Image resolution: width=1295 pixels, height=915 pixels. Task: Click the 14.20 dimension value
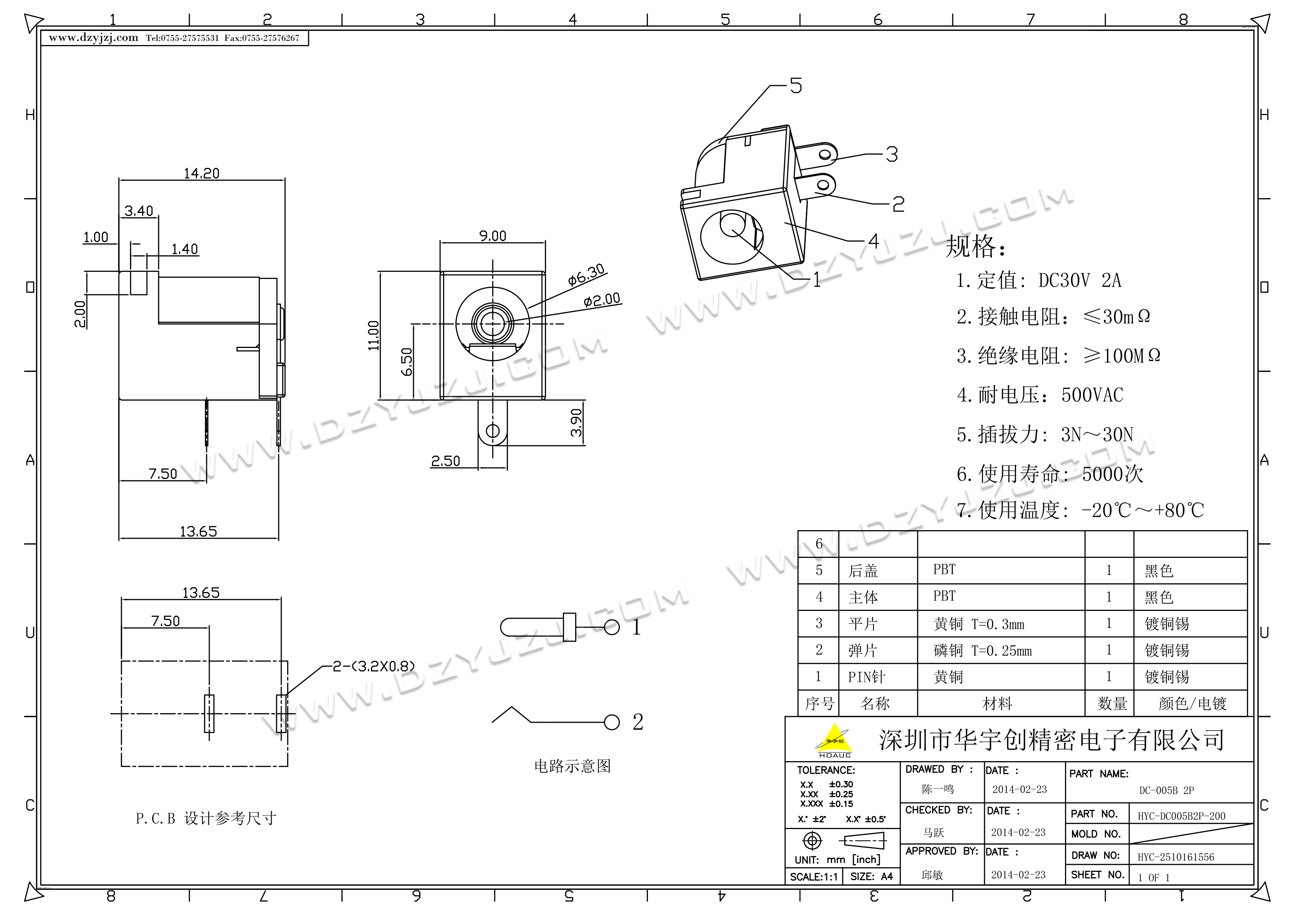(x=201, y=173)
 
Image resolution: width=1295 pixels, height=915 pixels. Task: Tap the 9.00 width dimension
(x=492, y=236)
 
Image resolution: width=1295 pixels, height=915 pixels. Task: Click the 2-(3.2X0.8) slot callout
(x=373, y=666)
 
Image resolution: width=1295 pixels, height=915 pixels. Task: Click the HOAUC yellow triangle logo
(x=835, y=739)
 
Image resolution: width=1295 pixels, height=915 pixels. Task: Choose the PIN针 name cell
(x=866, y=677)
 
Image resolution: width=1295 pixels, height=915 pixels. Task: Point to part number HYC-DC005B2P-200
(x=1181, y=816)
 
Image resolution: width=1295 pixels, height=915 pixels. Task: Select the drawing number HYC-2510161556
(x=1175, y=857)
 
